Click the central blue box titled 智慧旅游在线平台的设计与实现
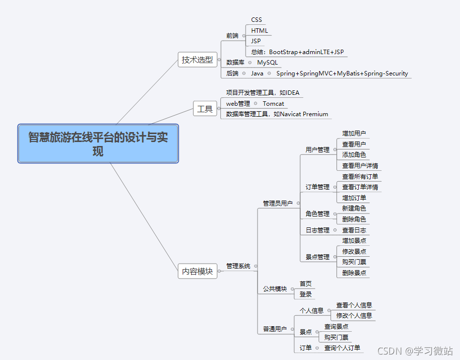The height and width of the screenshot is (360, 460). point(98,144)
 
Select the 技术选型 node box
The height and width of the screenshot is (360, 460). point(197,60)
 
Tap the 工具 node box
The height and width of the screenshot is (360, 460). point(205,109)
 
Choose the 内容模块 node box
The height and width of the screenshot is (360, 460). point(197,271)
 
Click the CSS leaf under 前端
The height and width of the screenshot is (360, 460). point(257,20)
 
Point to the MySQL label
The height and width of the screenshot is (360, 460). point(267,63)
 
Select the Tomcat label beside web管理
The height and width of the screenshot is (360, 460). point(273,104)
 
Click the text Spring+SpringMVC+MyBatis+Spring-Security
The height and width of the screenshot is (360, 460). point(342,73)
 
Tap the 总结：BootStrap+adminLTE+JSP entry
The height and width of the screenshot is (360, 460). point(297,52)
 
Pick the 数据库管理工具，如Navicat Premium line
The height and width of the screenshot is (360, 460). point(277,114)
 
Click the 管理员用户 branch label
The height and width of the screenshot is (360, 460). point(278,203)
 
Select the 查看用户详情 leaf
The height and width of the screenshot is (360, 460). point(360,166)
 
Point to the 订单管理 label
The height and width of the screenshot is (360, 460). point(318,187)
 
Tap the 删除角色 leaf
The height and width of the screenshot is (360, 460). point(354,219)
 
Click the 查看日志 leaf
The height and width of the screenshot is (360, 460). point(354,230)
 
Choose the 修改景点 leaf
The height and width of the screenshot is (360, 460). point(354,252)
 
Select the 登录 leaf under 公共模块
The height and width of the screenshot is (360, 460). point(306,294)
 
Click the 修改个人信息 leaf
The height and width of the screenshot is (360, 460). point(354,316)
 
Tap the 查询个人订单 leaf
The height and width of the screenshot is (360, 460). point(342,348)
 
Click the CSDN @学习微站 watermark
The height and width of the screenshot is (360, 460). point(415,351)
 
